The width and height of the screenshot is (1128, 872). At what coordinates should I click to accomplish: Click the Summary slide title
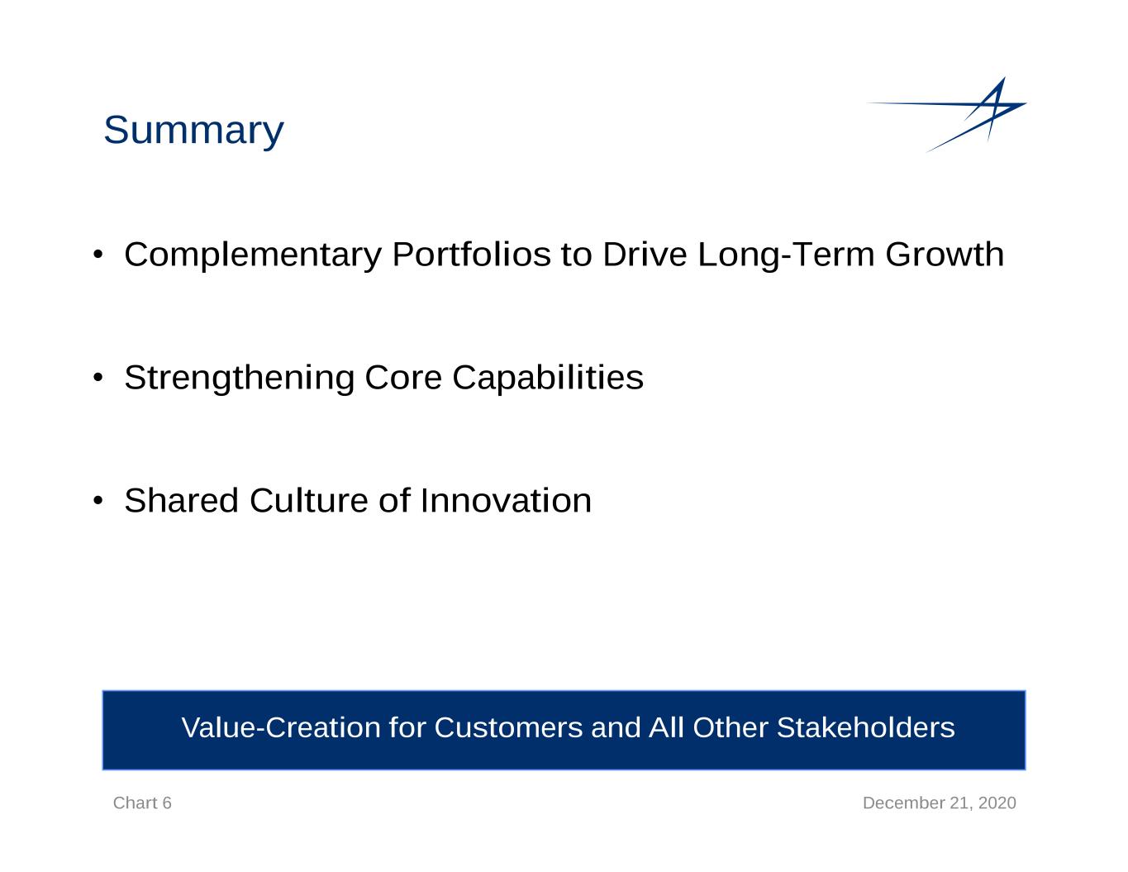click(193, 131)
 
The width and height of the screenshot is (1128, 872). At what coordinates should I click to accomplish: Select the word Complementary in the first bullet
click(253, 255)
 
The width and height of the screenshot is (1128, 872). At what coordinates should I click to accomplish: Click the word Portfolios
click(471, 255)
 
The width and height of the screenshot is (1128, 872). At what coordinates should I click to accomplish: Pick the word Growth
click(945, 255)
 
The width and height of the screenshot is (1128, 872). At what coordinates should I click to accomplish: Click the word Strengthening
click(240, 378)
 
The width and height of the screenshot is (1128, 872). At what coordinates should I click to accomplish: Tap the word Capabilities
click(548, 378)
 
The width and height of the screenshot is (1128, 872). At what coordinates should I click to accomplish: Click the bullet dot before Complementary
click(98, 255)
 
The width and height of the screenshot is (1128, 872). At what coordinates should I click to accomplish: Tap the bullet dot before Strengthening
click(98, 378)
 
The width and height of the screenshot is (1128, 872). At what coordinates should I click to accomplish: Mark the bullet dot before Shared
click(98, 501)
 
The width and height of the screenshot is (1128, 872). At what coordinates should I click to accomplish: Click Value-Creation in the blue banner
click(281, 727)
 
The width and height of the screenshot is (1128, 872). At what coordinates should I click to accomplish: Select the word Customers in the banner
click(508, 727)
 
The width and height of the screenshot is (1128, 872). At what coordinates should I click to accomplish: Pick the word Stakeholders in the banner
click(865, 727)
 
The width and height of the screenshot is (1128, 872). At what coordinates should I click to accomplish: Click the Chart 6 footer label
click(142, 803)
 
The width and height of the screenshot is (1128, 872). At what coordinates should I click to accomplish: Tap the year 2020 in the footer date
click(997, 803)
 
